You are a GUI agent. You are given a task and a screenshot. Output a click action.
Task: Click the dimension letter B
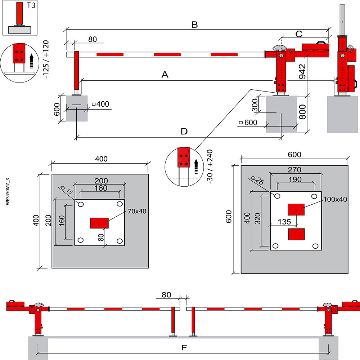click(194, 25)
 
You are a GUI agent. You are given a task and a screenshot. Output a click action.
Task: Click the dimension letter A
click(165, 75)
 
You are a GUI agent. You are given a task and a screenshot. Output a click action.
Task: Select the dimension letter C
click(299, 34)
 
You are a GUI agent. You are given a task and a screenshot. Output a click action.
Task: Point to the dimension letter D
click(184, 131)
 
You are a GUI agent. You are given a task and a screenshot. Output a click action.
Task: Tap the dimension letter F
click(184, 348)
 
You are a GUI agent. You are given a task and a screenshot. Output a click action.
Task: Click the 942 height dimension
click(302, 71)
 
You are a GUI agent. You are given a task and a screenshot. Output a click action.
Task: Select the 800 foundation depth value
click(302, 112)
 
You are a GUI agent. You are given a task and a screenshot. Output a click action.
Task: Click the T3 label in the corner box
click(31, 5)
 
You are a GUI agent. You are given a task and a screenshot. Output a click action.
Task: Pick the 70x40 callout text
click(137, 211)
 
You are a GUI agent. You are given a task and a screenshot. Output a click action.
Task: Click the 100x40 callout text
click(335, 199)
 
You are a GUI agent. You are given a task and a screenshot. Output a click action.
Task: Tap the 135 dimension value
click(284, 222)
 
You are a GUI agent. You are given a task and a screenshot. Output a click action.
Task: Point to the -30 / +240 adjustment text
click(210, 166)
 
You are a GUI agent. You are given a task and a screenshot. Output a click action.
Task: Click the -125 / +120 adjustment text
click(46, 59)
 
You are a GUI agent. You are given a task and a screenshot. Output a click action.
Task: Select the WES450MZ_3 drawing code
click(8, 191)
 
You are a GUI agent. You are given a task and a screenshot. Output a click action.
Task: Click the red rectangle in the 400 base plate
click(99, 223)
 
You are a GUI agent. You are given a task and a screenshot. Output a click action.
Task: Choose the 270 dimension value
click(294, 170)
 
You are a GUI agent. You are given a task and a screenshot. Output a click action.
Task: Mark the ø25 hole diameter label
click(257, 181)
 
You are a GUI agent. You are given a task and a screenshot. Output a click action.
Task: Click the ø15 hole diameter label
click(67, 190)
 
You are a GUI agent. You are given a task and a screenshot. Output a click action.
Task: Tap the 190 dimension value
click(295, 179)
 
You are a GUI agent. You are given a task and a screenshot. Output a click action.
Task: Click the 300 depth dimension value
click(255, 105)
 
